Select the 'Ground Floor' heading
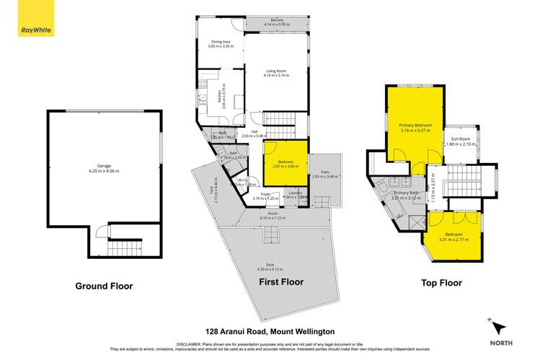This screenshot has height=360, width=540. click(105, 286)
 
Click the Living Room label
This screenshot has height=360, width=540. click(277, 72)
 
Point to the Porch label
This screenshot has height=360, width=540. click(278, 215)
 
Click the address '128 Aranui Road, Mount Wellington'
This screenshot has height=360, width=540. click(270, 331)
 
